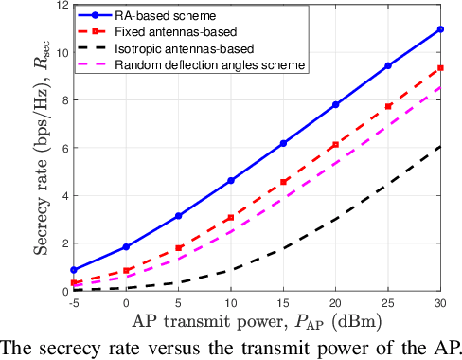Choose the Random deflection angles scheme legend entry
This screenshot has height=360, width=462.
tap(209, 65)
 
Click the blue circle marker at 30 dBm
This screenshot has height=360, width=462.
tap(440, 29)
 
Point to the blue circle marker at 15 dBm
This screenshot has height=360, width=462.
tap(283, 143)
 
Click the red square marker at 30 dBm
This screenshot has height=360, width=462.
tap(440, 68)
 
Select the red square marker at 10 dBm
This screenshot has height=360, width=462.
tap(231, 218)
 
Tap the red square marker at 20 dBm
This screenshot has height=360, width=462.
tap(335, 145)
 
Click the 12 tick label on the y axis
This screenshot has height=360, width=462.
tap(60, 6)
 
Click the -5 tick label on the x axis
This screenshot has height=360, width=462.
tap(74, 302)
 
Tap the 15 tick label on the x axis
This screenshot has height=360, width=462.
tap(283, 302)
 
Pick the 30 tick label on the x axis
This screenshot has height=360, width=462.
tap(440, 302)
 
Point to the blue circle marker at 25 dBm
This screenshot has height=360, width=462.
tap(388, 66)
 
